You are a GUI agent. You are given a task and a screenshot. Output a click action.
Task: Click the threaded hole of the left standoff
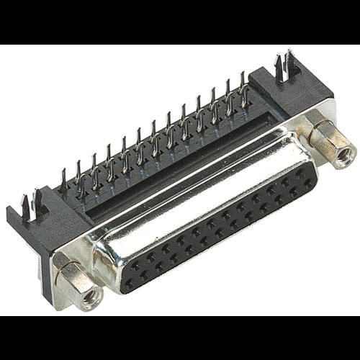[92, 296]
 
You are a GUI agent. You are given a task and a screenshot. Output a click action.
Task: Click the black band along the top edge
[180, 22]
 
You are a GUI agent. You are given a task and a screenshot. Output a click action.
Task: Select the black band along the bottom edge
[180, 338]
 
